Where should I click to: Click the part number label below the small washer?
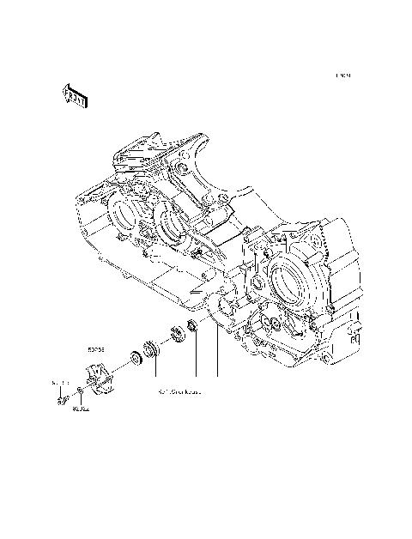(82, 409)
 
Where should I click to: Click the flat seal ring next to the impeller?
(135, 358)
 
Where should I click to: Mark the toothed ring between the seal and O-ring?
(179, 335)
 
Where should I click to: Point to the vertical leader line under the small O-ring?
(196, 360)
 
